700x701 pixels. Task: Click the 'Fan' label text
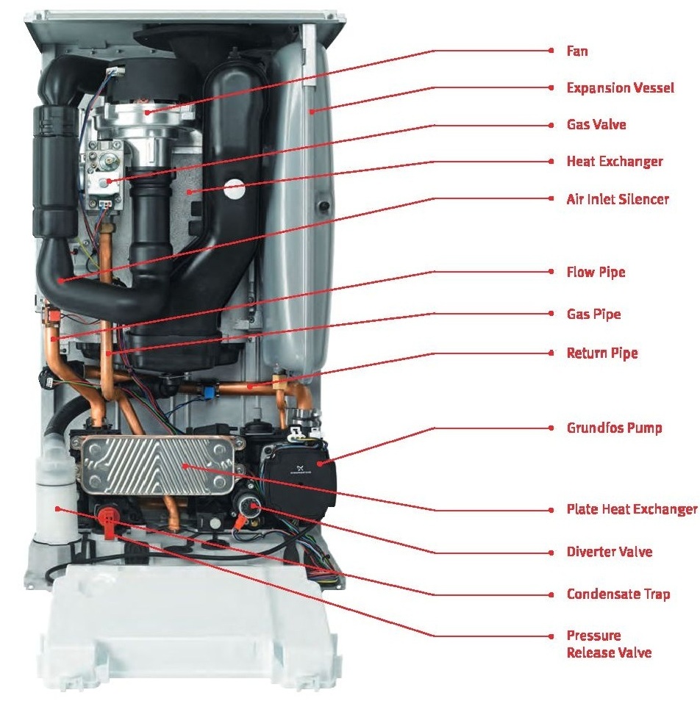(576, 51)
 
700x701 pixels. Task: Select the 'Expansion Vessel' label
(620, 87)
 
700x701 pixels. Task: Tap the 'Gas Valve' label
(596, 124)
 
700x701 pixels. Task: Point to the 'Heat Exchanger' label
(614, 161)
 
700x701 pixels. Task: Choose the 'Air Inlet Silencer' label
(618, 198)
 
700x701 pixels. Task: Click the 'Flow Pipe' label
(596, 272)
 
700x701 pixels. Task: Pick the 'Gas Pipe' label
(593, 314)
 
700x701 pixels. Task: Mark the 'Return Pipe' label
(601, 353)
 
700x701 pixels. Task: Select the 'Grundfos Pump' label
(614, 427)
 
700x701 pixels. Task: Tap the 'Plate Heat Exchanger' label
(632, 508)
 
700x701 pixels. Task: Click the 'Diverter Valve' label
(609, 551)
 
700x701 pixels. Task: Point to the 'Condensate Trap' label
(618, 594)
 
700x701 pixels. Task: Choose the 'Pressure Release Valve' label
(608, 644)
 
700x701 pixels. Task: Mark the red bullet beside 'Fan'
(551, 51)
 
